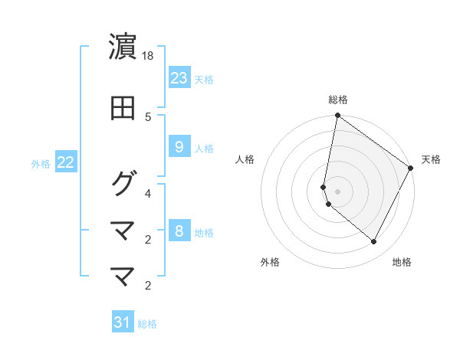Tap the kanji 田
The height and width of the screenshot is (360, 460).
point(123,109)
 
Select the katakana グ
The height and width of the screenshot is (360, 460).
point(123,183)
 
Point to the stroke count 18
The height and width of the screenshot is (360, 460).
point(149,56)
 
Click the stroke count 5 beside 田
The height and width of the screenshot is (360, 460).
point(149,116)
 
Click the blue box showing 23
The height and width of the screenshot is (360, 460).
point(179,78)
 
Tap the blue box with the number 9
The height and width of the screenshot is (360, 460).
point(179,147)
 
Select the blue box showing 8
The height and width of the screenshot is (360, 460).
point(179,231)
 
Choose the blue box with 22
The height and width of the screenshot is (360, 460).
point(65,162)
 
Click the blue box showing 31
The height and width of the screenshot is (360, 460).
point(123,322)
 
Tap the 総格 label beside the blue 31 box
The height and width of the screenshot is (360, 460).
point(147,324)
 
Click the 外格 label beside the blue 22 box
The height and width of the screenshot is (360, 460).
point(41,163)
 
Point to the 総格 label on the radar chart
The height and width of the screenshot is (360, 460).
point(338,100)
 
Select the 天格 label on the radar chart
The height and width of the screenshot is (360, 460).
point(431,159)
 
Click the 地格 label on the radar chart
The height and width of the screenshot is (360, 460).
point(402,262)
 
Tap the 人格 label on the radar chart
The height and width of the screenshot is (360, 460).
point(245,159)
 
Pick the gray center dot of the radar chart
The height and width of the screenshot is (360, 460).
point(338,191)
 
